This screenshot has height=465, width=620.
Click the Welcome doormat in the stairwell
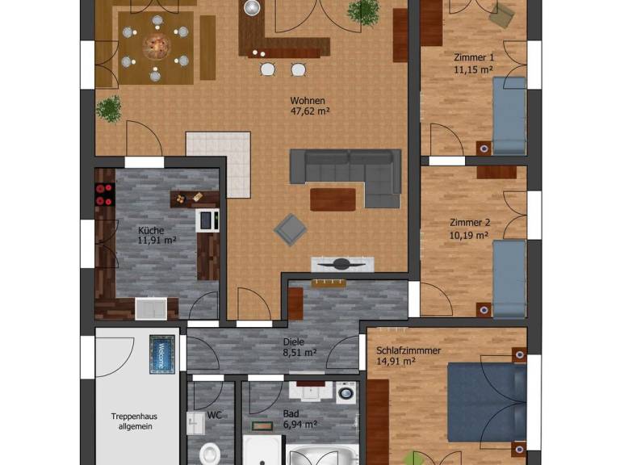(162, 354)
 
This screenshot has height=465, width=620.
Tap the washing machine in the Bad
(346, 392)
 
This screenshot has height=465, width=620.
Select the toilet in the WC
(210, 454)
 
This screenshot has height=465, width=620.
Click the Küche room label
(151, 230)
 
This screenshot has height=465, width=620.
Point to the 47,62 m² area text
(310, 111)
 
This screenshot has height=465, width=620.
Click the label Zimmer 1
(474, 58)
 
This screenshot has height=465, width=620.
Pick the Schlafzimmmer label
(408, 350)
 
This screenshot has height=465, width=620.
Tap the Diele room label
(294, 342)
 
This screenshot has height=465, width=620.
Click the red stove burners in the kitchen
(105, 195)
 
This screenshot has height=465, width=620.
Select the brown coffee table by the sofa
(333, 199)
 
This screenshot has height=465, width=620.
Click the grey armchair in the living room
(291, 230)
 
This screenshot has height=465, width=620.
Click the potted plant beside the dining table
(108, 109)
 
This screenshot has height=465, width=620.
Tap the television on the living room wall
(342, 264)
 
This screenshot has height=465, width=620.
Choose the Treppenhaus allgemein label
(135, 421)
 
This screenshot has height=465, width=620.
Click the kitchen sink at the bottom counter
(151, 309)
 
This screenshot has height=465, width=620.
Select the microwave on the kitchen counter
(207, 220)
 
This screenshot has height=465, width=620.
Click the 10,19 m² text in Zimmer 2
(468, 235)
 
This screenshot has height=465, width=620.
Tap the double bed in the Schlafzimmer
(487, 402)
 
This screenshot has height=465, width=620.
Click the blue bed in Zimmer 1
(509, 115)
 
